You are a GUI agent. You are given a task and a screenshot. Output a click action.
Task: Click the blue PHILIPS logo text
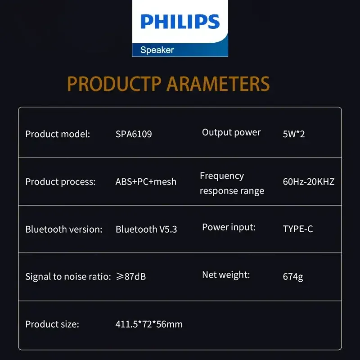tap(180, 22)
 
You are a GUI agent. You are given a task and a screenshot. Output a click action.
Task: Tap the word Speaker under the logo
tap(157, 50)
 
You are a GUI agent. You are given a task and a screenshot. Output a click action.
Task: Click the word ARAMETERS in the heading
tap(218, 84)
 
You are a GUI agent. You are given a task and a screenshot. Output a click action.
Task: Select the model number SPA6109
tap(134, 134)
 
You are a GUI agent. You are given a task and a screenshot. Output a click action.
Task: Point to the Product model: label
tap(58, 134)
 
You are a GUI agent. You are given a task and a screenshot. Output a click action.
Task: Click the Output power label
tap(231, 132)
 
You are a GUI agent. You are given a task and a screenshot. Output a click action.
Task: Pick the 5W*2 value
tap(294, 134)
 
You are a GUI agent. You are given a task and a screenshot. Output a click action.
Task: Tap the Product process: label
tap(60, 182)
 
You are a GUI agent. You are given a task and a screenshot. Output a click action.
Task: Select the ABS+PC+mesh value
tap(146, 182)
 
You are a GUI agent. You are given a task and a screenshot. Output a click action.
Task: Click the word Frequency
tap(222, 176)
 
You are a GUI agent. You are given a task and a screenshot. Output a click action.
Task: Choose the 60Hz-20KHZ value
tap(309, 182)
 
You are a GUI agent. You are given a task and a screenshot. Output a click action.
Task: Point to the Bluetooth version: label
tap(64, 229)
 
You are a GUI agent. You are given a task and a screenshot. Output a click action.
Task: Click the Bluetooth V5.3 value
tap(146, 229)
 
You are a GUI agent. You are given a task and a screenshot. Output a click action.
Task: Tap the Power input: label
tap(229, 227)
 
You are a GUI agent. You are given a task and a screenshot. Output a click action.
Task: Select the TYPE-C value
tap(298, 229)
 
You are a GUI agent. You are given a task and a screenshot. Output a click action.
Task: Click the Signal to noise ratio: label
tap(68, 277)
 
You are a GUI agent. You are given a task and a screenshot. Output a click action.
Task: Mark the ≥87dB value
tap(131, 277)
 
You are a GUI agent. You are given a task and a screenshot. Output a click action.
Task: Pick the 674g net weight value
tap(293, 277)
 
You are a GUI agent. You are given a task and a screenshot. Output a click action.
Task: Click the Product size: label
tap(52, 324)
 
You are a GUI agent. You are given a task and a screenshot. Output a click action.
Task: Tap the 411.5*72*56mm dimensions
tap(149, 324)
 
